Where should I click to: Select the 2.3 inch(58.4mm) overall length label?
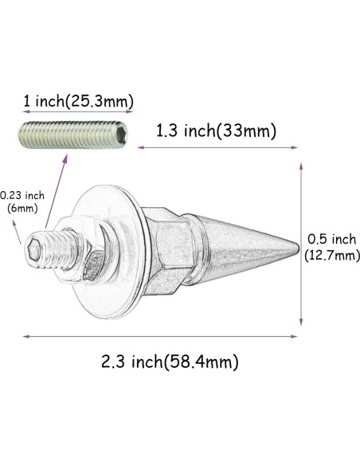point(170,362)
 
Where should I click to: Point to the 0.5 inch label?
point(331,239)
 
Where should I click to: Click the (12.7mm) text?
point(331,256)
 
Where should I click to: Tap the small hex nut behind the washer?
point(89,253)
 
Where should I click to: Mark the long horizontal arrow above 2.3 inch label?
point(159,336)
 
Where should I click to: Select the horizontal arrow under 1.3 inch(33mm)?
point(218,147)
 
